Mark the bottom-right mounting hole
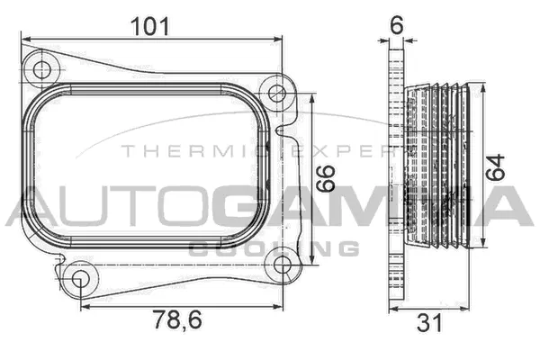point(282,265)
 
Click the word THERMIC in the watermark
point(180,150)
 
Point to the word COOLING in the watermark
point(274,247)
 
